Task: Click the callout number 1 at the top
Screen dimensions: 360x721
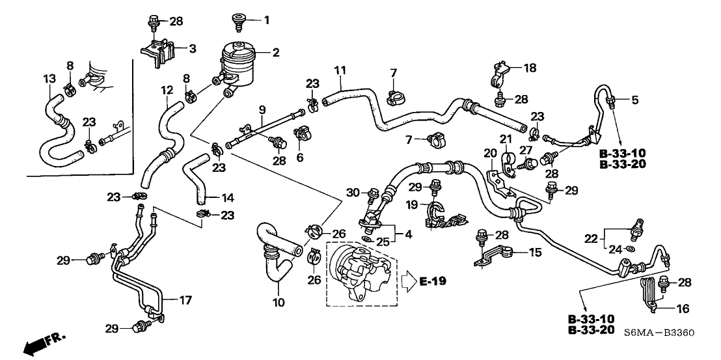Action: tap(266, 20)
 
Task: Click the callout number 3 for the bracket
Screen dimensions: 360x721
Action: tap(192, 48)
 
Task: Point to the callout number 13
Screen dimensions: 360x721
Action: tap(49, 79)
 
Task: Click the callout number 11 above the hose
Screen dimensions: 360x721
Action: tap(338, 70)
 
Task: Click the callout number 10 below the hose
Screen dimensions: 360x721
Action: tap(280, 303)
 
